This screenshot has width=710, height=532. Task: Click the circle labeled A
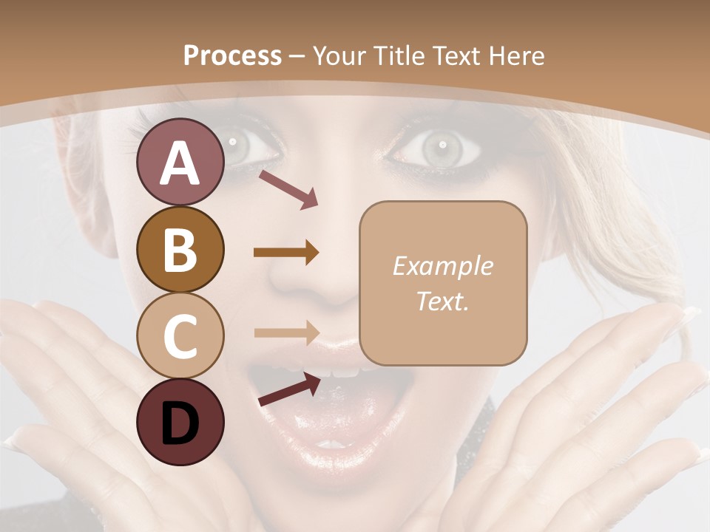point(180,162)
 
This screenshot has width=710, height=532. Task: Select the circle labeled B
point(180,249)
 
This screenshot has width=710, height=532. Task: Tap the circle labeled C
point(180,335)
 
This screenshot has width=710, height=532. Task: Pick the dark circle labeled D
point(180,422)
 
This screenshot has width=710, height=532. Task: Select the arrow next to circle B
point(286,253)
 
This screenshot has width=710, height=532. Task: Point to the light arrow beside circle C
point(286,332)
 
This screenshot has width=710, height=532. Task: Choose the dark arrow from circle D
point(289,389)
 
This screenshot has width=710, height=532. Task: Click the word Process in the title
point(232,55)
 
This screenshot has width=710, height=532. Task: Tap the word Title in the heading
point(400,55)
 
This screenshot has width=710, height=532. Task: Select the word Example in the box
point(442,266)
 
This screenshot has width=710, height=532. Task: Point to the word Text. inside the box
point(442,301)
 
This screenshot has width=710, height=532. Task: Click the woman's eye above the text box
point(441,149)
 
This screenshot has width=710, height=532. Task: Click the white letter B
point(180,249)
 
